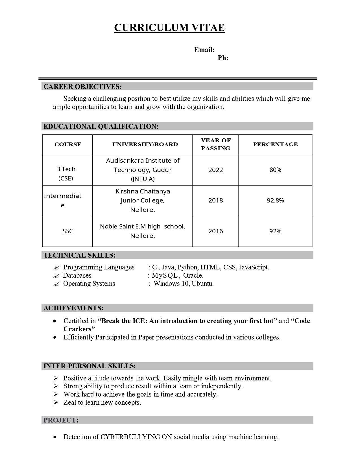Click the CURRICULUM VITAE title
coord(169,28)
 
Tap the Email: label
coord(204,50)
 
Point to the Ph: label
coord(223,58)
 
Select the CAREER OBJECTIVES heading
coord(82,87)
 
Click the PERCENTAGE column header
coord(275,144)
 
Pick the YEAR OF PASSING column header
coord(215,144)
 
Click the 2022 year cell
coord(215,170)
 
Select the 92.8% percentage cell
coord(275,201)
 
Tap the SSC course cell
coord(67,231)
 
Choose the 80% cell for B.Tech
coord(275,170)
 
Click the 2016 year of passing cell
coord(215,231)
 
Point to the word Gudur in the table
coord(162,170)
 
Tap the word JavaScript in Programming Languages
coord(254,267)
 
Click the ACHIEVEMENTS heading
coord(73,308)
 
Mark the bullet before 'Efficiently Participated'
coord(55,337)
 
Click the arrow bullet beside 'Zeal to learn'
coord(56,402)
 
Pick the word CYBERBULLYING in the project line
coord(130,437)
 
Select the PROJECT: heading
coord(61,420)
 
